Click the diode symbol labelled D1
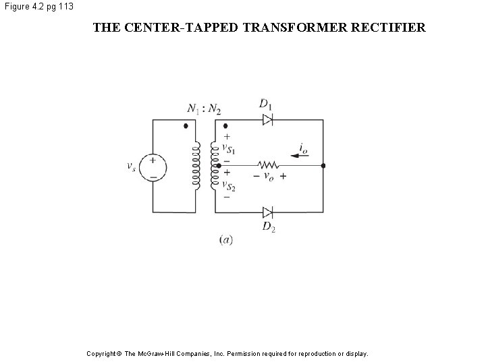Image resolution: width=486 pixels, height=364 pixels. (268, 120)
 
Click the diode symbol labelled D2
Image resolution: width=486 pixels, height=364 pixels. (268, 211)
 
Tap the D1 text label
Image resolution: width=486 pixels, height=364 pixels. (266, 104)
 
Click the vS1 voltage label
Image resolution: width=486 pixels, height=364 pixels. (229, 149)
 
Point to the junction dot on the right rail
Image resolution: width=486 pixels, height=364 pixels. (323, 165)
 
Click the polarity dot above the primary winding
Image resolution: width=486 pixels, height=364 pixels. (186, 125)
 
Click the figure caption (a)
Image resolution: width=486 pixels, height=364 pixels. (226, 240)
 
